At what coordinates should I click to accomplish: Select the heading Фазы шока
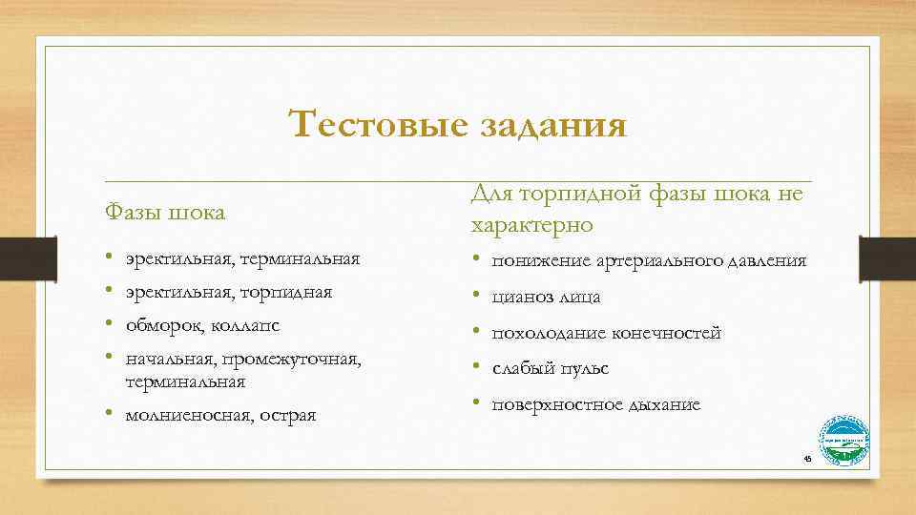point(164,212)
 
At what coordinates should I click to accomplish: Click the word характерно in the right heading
point(531,225)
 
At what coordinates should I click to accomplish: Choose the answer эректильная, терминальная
point(241,258)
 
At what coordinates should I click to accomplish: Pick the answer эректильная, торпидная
point(228,292)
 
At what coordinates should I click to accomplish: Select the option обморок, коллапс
point(201,325)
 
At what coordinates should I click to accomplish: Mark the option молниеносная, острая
point(219,415)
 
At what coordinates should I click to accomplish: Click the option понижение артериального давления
point(649,260)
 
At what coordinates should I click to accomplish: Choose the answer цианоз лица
point(546,298)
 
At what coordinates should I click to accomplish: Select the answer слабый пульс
point(550,368)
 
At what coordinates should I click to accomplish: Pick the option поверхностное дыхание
point(595,404)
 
